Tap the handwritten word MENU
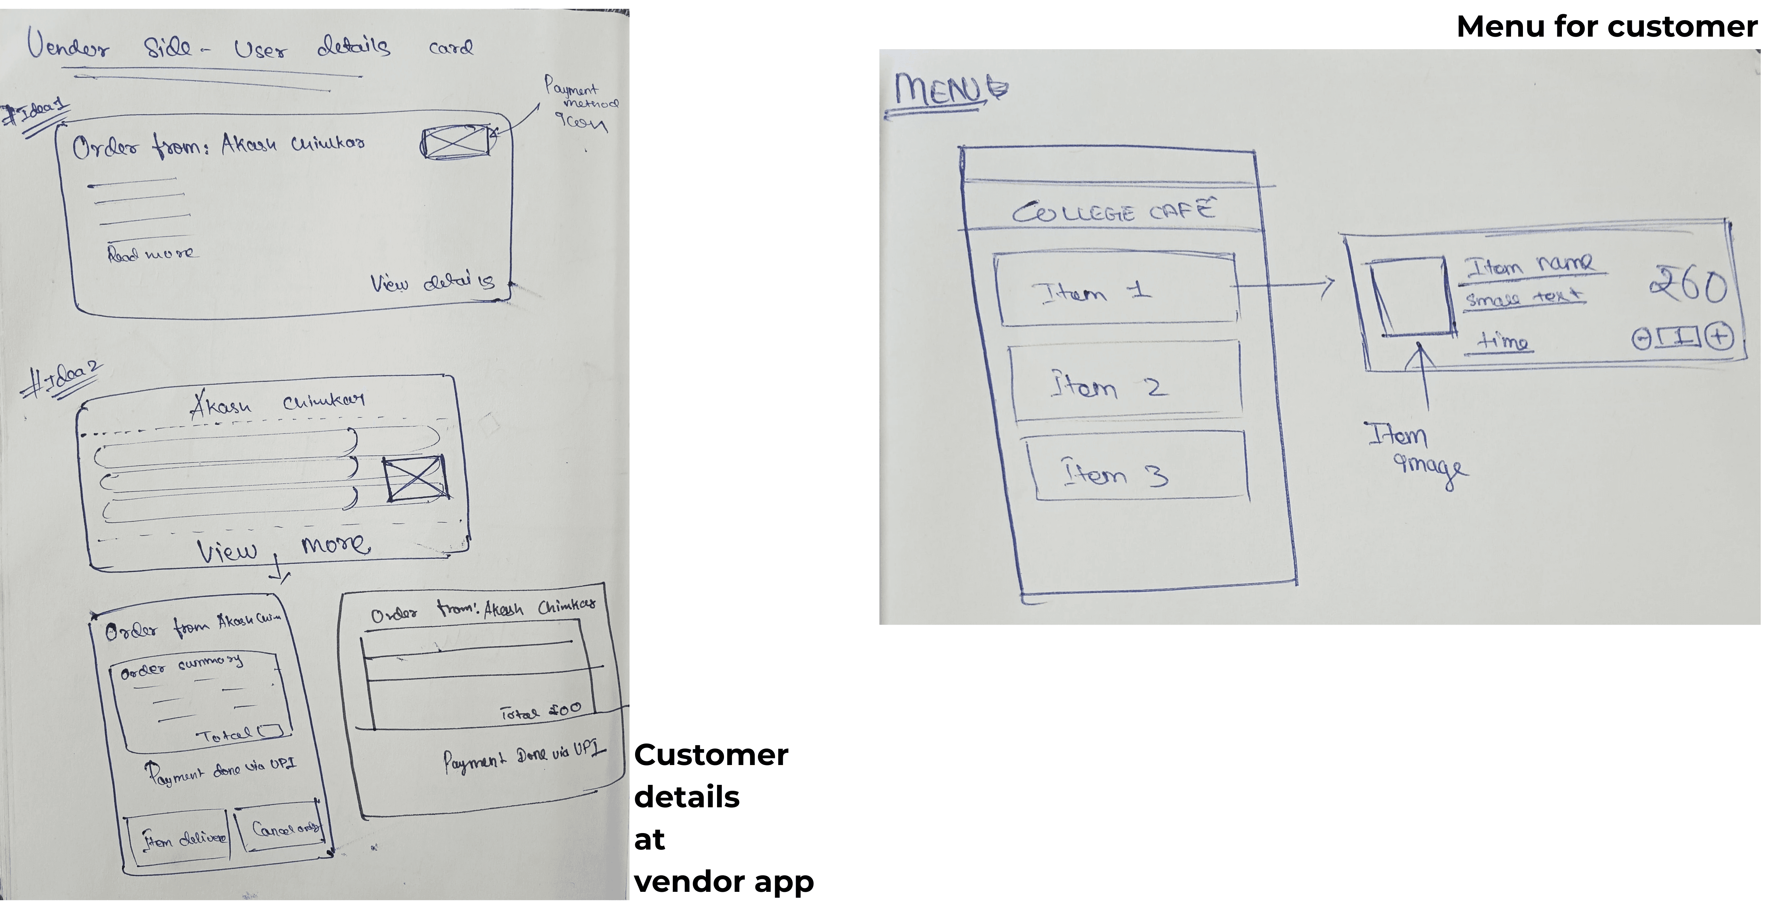click(947, 89)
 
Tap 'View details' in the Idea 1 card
click(432, 282)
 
